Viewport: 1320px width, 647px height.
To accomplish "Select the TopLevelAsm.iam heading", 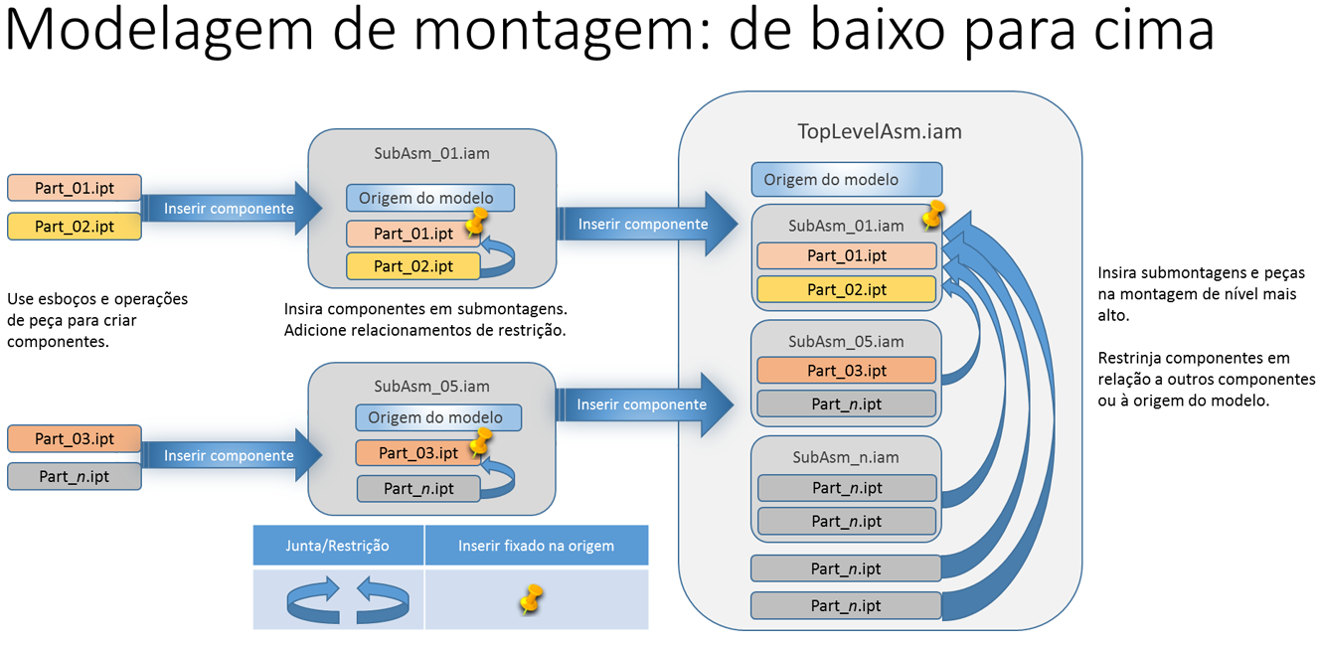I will [880, 131].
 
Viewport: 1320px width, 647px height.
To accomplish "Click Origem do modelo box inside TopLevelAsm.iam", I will [846, 180].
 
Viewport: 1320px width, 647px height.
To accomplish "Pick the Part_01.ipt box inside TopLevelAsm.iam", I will [846, 255].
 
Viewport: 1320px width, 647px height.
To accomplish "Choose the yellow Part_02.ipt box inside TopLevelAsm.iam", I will [846, 289].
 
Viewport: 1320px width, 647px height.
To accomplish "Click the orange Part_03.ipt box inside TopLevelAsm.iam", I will [846, 371].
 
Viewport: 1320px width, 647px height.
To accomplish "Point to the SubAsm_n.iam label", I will [846, 457].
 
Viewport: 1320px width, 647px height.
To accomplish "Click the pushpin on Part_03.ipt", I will [480, 441].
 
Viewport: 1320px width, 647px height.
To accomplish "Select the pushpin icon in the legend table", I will [532, 598].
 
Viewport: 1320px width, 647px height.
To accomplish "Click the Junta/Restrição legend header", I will [338, 546].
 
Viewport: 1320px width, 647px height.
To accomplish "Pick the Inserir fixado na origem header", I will [536, 546].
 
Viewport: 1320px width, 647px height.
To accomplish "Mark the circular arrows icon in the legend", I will [347, 599].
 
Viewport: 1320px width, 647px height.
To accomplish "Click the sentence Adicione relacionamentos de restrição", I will [424, 330].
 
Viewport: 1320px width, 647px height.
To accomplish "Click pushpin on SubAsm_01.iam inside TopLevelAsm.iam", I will [932, 215].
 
